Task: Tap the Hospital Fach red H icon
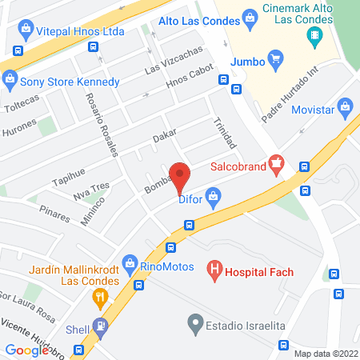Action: coord(214,271)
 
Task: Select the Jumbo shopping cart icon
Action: coord(276,58)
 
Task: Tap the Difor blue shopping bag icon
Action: coord(213,196)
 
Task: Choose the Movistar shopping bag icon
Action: coord(346,106)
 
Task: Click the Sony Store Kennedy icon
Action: coord(10,78)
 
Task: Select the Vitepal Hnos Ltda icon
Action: coord(26,30)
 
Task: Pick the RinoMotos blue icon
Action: coord(130,262)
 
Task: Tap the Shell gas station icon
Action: coord(100,326)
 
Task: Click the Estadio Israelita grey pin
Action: coord(194,324)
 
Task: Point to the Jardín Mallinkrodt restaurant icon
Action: coord(99,298)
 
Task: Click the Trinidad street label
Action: coord(225,133)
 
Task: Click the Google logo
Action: coord(26,350)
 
